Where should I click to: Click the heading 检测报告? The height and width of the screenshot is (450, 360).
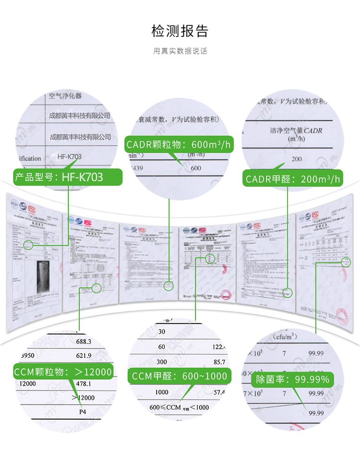[x=180, y=31]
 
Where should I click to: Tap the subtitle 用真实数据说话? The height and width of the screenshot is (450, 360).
[x=180, y=51]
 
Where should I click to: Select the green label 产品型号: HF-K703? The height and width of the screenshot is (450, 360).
[x=59, y=177]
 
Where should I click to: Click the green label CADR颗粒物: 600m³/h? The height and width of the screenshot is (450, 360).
[x=179, y=145]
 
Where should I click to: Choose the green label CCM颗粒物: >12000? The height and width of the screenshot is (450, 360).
[x=63, y=372]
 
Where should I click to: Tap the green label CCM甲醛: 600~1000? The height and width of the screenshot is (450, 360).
[x=180, y=376]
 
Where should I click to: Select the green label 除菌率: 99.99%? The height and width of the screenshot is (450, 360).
[x=293, y=379]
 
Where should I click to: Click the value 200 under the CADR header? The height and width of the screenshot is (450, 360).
[x=297, y=159]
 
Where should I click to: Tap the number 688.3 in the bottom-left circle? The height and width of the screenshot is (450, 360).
[x=84, y=341]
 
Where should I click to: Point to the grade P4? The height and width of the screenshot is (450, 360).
[x=83, y=411]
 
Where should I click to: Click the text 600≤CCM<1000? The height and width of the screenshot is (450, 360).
[x=179, y=407]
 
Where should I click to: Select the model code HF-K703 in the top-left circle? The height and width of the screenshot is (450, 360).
[x=70, y=157]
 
